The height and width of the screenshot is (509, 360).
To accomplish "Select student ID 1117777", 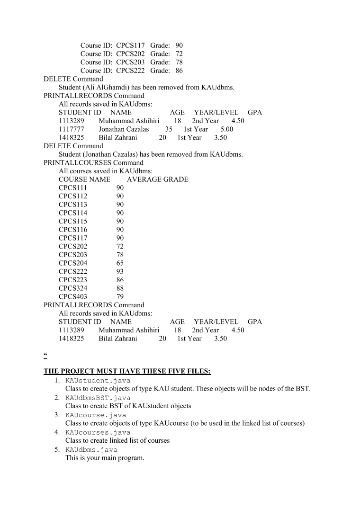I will point(72,129).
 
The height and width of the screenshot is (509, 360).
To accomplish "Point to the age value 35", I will point(169,129).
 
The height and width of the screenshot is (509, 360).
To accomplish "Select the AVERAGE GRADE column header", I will point(157,179).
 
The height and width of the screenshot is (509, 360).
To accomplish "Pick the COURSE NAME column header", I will point(84,179).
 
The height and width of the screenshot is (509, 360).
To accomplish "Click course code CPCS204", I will point(73,263).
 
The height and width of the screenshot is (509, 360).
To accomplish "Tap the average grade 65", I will point(120,263).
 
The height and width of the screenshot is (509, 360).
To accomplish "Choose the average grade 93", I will point(120,271).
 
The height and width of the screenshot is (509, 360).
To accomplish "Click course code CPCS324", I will point(73,288).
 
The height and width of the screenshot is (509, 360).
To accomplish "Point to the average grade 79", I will point(120,296).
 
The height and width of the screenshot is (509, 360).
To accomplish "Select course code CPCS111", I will point(73,188).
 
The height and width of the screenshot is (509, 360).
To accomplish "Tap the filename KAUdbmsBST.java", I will point(98,398).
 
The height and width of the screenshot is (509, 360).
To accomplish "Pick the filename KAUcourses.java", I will point(98,432).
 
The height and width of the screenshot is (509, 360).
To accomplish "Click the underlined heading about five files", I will point(127,372).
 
